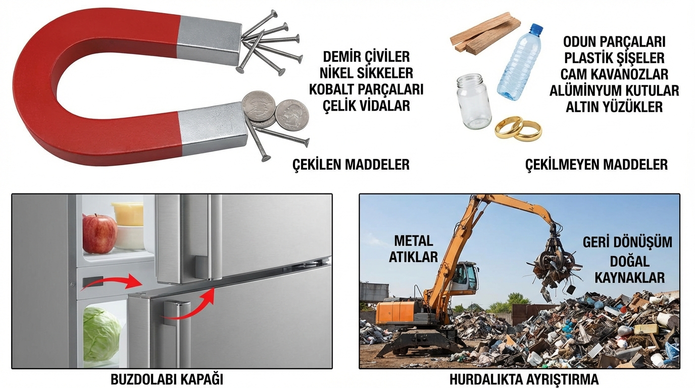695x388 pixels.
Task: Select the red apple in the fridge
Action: (100, 234)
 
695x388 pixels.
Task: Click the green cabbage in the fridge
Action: (102, 333)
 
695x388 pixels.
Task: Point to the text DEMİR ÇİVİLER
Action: (366, 57)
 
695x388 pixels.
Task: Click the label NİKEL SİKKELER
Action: (366, 73)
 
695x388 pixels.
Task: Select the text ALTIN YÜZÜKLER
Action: (614, 107)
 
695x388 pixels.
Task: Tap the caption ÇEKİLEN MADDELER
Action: (351, 164)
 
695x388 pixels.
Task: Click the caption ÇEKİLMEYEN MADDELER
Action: (597, 164)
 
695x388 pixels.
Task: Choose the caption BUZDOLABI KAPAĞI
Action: (167, 379)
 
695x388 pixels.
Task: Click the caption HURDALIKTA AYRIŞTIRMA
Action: (524, 379)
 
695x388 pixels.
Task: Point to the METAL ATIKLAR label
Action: (413, 249)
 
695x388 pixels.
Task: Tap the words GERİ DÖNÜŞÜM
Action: (627, 242)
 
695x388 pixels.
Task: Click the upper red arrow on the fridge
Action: (112, 280)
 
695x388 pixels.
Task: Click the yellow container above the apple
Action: (127, 213)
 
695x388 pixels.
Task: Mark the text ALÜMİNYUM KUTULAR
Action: (614, 90)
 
